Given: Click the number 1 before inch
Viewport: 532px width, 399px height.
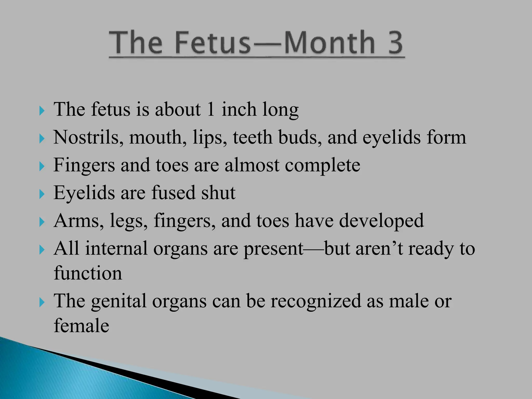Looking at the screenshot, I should click(x=211, y=109).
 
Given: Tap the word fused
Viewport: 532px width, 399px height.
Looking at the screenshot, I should click(x=173, y=193).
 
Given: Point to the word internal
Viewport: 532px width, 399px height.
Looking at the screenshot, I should click(x=116, y=249).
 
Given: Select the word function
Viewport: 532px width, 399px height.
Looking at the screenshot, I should click(x=88, y=273).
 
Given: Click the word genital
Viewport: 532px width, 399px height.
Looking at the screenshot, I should click(x=119, y=301).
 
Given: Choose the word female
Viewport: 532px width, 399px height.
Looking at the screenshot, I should click(x=81, y=326).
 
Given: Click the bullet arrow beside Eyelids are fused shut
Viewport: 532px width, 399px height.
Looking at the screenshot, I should click(x=42, y=194).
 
